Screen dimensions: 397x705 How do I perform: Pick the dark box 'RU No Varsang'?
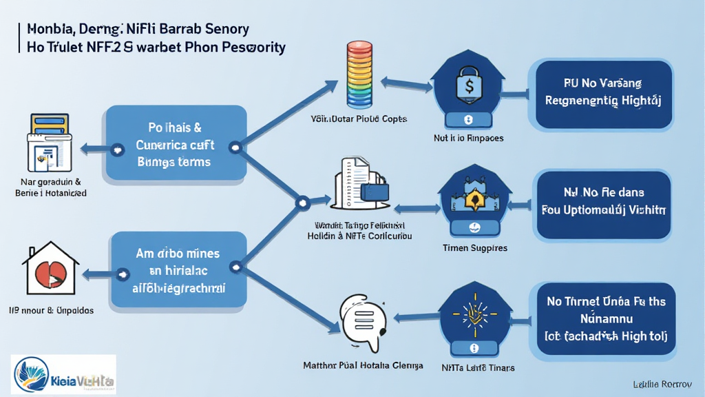602,92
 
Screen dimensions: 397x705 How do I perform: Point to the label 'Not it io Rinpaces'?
469,138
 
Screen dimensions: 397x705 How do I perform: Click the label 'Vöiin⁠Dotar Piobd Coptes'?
358,119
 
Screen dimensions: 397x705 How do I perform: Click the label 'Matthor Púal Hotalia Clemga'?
363,365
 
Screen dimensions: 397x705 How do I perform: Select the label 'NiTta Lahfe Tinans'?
478,368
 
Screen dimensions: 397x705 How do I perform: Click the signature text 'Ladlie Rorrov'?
662,383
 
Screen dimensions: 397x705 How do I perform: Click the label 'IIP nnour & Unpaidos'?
52,310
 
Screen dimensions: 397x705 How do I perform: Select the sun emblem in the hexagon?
473,312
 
